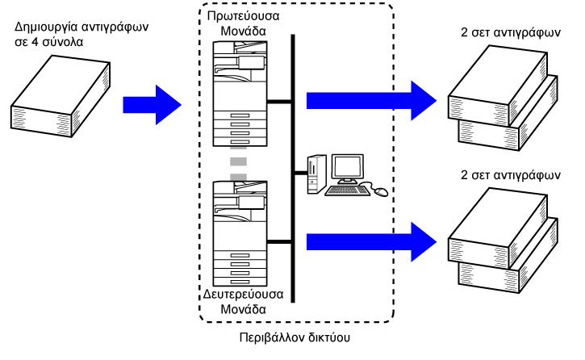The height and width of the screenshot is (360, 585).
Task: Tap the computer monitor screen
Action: tap(348, 168)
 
